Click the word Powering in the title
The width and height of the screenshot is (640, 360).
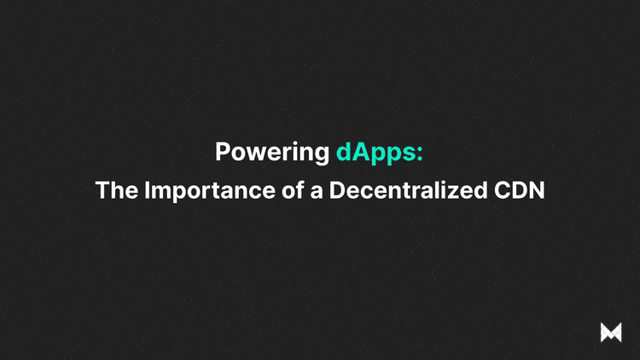point(271,153)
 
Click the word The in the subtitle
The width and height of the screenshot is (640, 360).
point(116,190)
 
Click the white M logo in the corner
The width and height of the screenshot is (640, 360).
point(611,333)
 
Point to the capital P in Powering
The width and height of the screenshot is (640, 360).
point(223,153)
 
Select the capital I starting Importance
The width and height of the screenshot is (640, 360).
point(145,190)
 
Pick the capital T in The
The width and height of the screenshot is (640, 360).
point(102,190)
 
